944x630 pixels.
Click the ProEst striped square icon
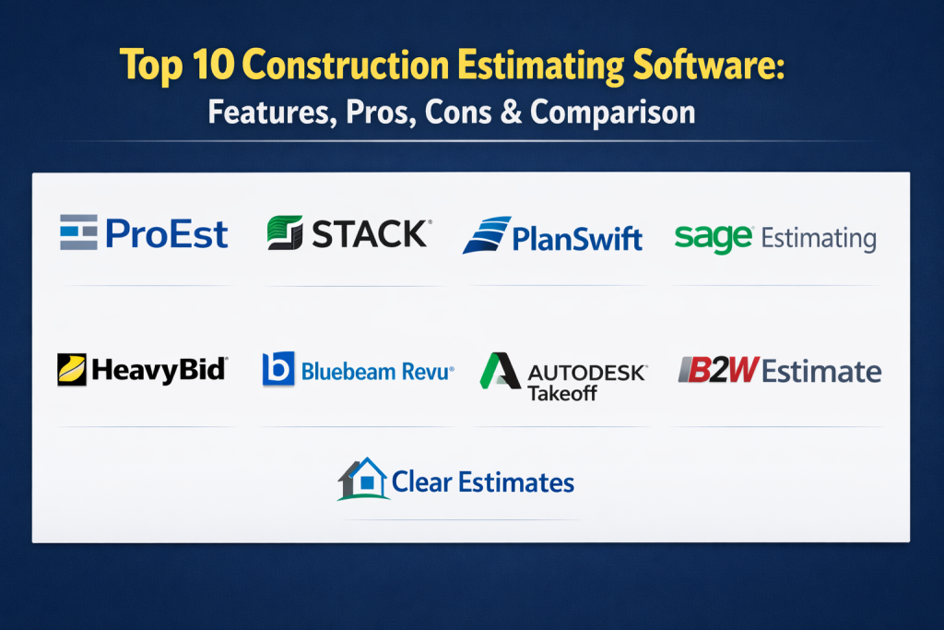tap(79, 232)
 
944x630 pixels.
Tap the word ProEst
tap(167, 233)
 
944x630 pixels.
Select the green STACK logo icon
tap(286, 232)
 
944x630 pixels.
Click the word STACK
tap(369, 233)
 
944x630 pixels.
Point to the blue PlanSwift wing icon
tap(487, 235)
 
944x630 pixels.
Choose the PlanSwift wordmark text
tap(577, 239)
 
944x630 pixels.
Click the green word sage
tap(714, 239)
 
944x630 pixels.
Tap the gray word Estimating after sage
tap(819, 239)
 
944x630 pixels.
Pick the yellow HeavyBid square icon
tap(72, 369)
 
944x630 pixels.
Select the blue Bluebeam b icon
tap(278, 369)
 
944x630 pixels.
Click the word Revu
tap(428, 372)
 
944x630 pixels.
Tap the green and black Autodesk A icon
tap(500, 371)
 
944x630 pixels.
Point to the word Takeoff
tap(562, 393)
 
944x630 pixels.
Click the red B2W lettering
tap(719, 370)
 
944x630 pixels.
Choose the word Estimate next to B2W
tap(821, 371)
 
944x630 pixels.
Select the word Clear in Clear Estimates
tap(421, 482)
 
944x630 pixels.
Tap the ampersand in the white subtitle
tap(511, 112)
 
